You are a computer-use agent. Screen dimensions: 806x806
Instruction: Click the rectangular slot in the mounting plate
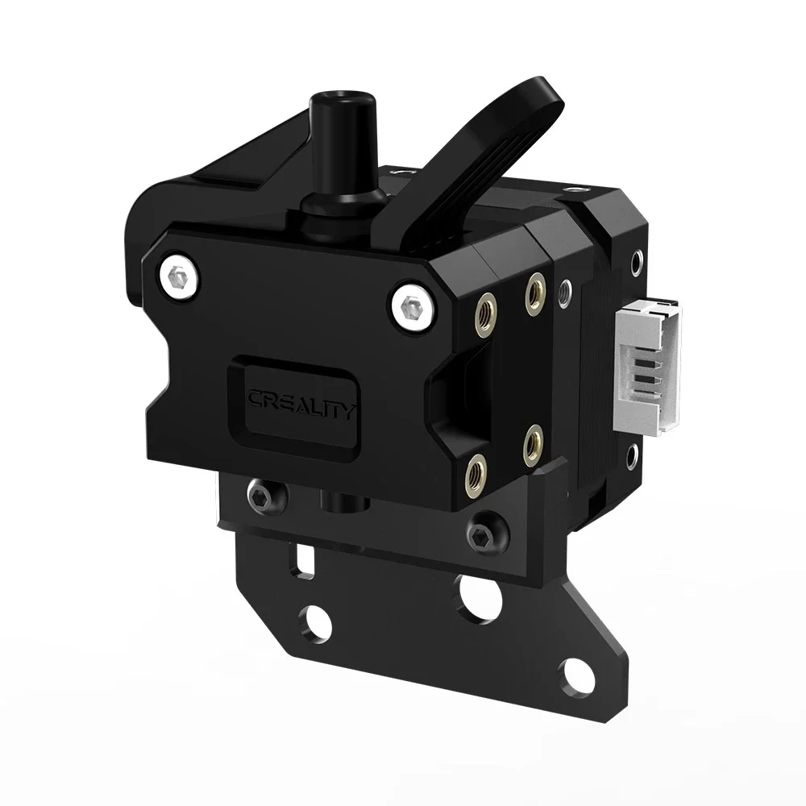tap(304, 559)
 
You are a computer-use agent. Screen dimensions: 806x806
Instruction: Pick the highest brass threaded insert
tap(533, 286)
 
